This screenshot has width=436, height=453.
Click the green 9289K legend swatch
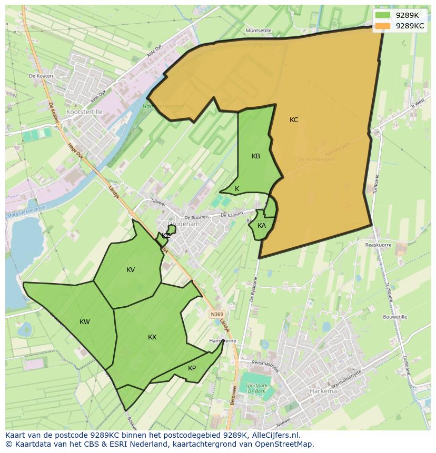point(383,15)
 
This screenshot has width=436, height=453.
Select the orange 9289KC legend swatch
point(383,25)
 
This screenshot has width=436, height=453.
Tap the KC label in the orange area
point(294,120)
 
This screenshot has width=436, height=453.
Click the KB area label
point(256,156)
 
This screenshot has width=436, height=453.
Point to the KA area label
point(262,226)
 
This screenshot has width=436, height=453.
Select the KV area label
point(131,270)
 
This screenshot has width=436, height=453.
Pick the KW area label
point(85,322)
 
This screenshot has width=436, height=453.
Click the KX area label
point(152,337)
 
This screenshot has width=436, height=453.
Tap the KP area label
point(192,368)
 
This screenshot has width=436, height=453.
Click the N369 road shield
point(216,314)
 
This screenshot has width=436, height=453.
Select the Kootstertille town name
point(84,112)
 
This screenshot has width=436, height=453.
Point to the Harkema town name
point(323,391)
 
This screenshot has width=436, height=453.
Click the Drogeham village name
point(183,224)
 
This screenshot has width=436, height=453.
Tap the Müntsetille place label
point(258,31)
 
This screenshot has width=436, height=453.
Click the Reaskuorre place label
point(378,245)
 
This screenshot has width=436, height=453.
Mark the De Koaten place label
point(41,76)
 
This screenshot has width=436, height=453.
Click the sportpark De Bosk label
point(255,389)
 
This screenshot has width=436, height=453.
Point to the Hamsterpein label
point(316,159)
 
